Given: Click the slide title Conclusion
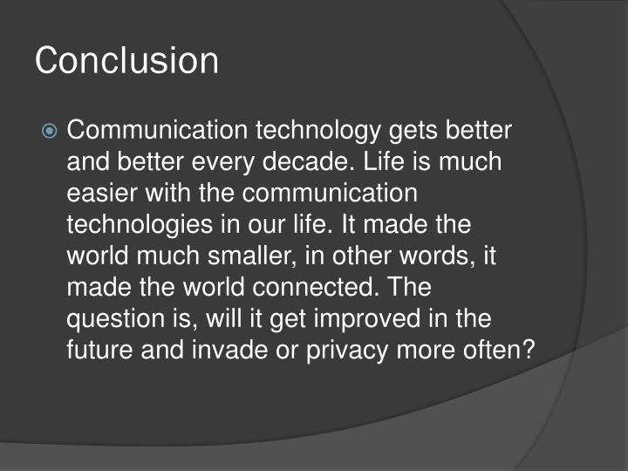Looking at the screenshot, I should pos(126,60).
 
